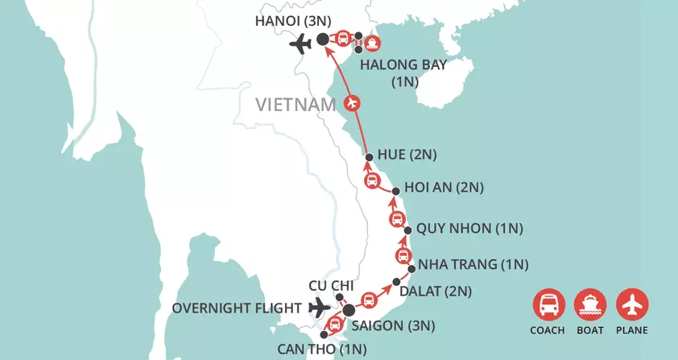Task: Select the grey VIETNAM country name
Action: pos(295,105)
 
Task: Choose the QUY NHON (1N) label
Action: pos(470,229)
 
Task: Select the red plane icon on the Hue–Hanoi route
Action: pos(351,103)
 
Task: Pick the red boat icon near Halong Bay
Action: pos(373,43)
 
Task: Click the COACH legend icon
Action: pos(548,304)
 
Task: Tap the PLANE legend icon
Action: pos(632,304)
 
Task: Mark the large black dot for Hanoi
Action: pos(323,39)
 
